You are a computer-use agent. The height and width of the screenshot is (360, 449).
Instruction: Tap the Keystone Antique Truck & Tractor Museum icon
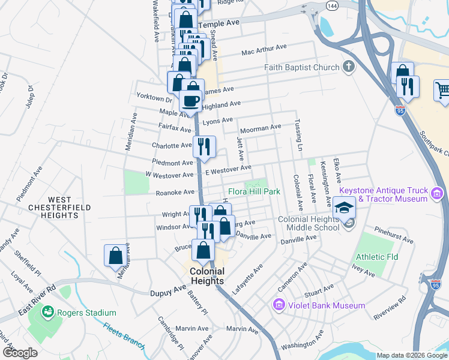click(437, 194)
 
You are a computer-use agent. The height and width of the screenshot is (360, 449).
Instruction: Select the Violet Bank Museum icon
click(279, 305)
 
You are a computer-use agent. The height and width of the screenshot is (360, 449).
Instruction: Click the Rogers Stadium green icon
click(47, 312)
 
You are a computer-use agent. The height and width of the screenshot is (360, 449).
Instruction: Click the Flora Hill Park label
click(255, 192)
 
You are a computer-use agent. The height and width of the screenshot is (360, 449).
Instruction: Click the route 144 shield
click(332, 5)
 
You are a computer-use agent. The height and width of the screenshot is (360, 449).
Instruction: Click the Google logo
click(20, 352)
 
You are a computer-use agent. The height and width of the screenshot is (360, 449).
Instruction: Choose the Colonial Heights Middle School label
click(309, 224)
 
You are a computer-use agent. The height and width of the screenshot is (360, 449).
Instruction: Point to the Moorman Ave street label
click(260, 128)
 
